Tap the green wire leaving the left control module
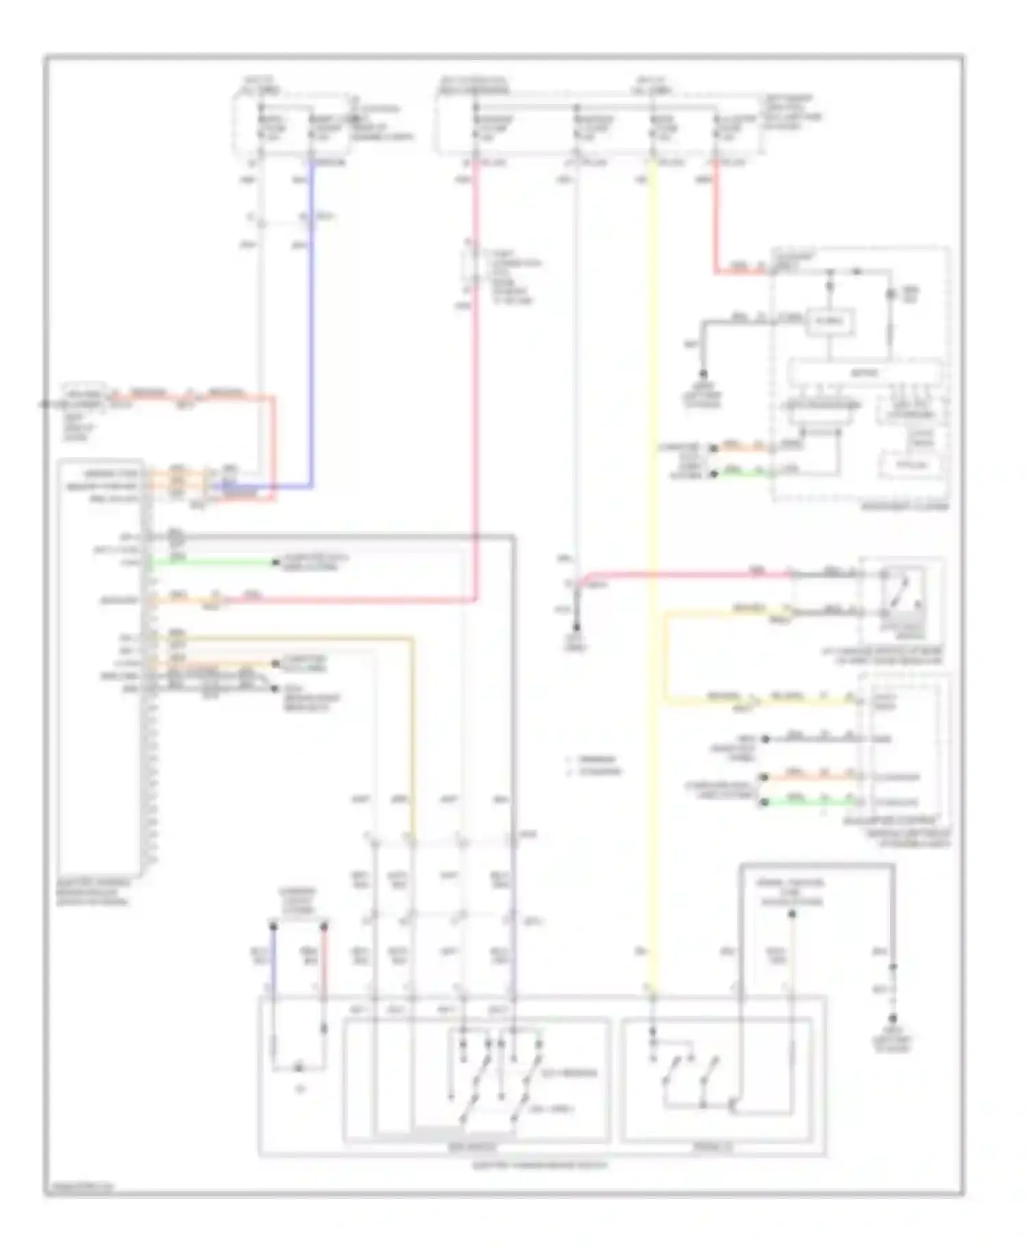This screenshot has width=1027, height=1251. click(212, 563)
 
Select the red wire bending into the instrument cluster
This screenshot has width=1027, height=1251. click(716, 226)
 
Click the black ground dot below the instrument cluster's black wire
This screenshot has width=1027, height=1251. click(702, 374)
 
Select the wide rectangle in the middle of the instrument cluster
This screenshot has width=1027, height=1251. click(863, 373)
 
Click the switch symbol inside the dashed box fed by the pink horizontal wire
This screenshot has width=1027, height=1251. click(901, 593)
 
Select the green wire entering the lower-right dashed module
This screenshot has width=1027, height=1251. click(808, 801)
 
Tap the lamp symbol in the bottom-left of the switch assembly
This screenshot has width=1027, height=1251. click(299, 1068)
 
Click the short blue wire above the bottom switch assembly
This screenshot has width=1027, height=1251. click(273, 958)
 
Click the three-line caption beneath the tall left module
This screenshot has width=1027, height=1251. click(92, 892)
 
